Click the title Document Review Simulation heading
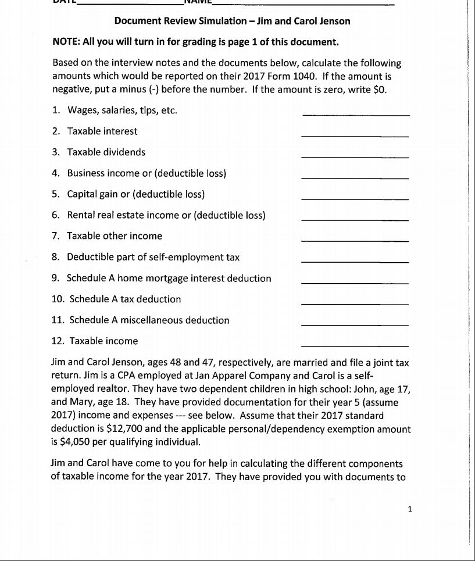pos(232,22)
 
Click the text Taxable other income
pos(115,236)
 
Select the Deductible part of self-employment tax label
pos(153,257)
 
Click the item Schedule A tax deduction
pos(125,299)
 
